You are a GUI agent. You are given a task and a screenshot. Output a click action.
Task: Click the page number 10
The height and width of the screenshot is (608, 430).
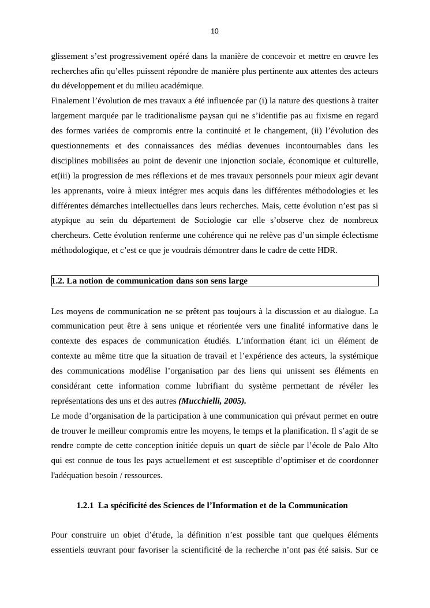pos(215,31)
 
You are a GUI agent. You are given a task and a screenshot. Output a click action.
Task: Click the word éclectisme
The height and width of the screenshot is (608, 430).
pos(357,235)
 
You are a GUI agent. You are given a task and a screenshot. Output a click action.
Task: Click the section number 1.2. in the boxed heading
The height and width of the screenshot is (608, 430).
pos(58,281)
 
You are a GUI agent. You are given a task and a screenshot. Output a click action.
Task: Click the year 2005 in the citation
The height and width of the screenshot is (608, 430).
pos(235,401)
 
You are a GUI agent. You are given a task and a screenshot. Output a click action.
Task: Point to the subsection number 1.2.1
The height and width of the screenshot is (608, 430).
pos(85,506)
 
